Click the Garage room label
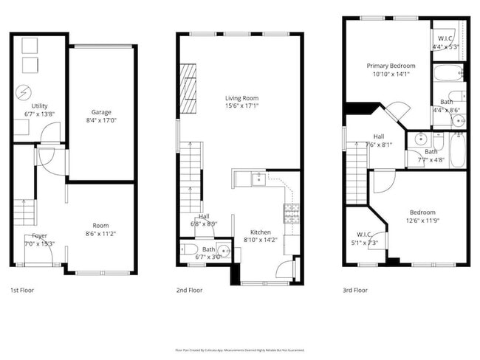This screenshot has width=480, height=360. point(101,111)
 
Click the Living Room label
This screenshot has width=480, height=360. point(242,97)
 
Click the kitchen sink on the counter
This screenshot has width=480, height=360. point(257,178)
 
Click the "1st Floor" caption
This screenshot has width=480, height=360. point(22,291)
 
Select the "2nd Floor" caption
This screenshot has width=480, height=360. point(190,291)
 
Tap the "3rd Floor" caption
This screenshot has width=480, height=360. point(355,291)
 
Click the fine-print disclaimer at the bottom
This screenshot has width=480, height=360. point(239,350)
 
